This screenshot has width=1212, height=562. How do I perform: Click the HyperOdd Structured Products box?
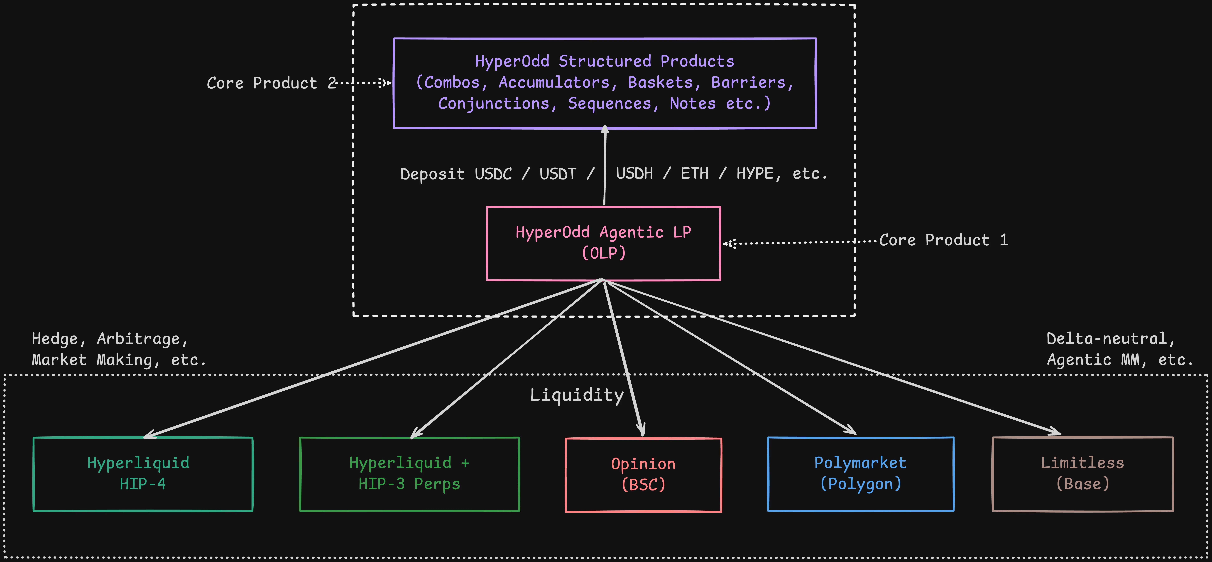[x=605, y=83]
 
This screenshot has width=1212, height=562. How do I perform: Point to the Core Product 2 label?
[x=272, y=83]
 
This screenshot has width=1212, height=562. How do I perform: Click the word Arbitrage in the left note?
[x=143, y=339]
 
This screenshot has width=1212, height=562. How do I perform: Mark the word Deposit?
[x=432, y=174]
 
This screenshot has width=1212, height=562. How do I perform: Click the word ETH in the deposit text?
[x=694, y=174]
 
